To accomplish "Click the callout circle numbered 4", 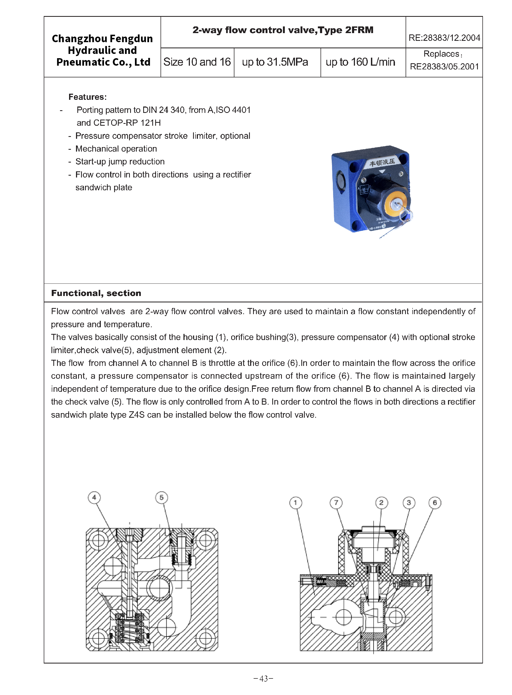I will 94,497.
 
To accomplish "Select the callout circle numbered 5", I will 162,497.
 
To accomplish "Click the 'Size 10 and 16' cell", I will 197,62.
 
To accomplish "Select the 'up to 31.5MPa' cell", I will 275,62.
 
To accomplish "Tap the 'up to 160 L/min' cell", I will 360,62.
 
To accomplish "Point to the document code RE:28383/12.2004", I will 444,38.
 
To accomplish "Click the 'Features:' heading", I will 87,97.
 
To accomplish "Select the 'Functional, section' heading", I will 96,293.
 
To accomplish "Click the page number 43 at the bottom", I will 263,678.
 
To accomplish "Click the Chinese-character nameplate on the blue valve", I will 382,162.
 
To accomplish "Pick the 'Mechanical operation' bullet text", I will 116,149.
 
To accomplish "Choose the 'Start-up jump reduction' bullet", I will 120,161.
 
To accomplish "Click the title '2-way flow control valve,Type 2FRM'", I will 283,30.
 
